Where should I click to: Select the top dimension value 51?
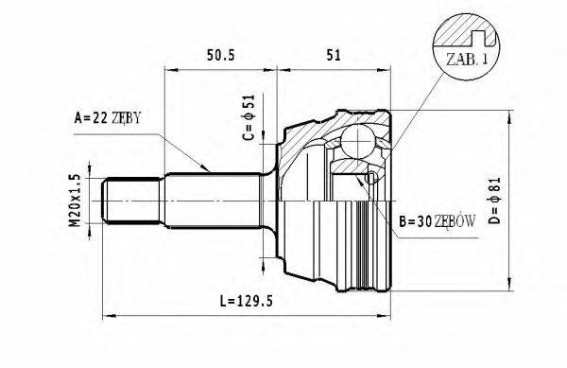coord(333,56)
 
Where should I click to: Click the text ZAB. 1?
coord(465,60)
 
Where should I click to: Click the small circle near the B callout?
coord(370,177)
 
